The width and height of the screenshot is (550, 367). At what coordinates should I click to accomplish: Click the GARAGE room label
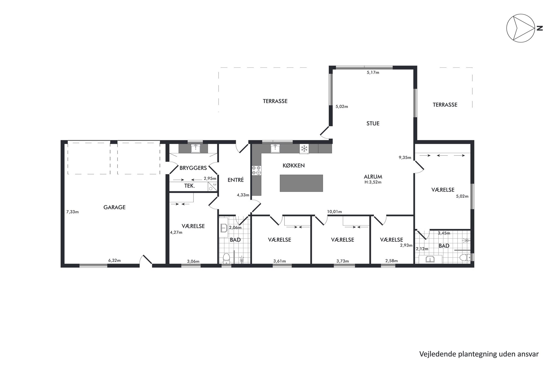click(x=114, y=207)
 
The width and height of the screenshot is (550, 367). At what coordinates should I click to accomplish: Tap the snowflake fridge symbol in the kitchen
click(x=304, y=148)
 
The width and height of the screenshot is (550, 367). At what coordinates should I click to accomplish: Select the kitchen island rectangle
click(x=301, y=183)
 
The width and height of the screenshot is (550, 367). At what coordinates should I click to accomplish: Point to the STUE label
click(x=373, y=123)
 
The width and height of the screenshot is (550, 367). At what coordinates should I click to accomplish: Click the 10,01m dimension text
click(x=334, y=212)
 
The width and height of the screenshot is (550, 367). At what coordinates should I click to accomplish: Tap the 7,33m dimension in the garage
click(x=72, y=212)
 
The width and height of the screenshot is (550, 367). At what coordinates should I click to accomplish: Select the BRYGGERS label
click(x=193, y=168)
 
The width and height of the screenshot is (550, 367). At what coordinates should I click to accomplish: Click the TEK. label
click(x=190, y=186)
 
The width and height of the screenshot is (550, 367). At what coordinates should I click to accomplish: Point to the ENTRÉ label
click(x=236, y=180)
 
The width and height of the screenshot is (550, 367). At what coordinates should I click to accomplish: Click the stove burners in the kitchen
click(x=256, y=170)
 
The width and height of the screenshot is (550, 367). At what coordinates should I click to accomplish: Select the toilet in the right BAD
click(x=465, y=257)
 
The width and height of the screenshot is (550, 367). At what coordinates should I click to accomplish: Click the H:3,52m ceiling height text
click(x=373, y=182)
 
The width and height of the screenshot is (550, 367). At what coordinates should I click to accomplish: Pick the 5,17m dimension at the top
click(x=373, y=72)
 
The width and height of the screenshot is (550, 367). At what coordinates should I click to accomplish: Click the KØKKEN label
click(x=294, y=166)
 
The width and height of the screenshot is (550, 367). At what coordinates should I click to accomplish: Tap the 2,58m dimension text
click(x=391, y=261)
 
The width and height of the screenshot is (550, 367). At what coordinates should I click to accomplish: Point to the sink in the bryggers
click(x=196, y=148)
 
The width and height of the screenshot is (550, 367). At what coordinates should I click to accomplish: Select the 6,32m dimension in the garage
click(x=114, y=260)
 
